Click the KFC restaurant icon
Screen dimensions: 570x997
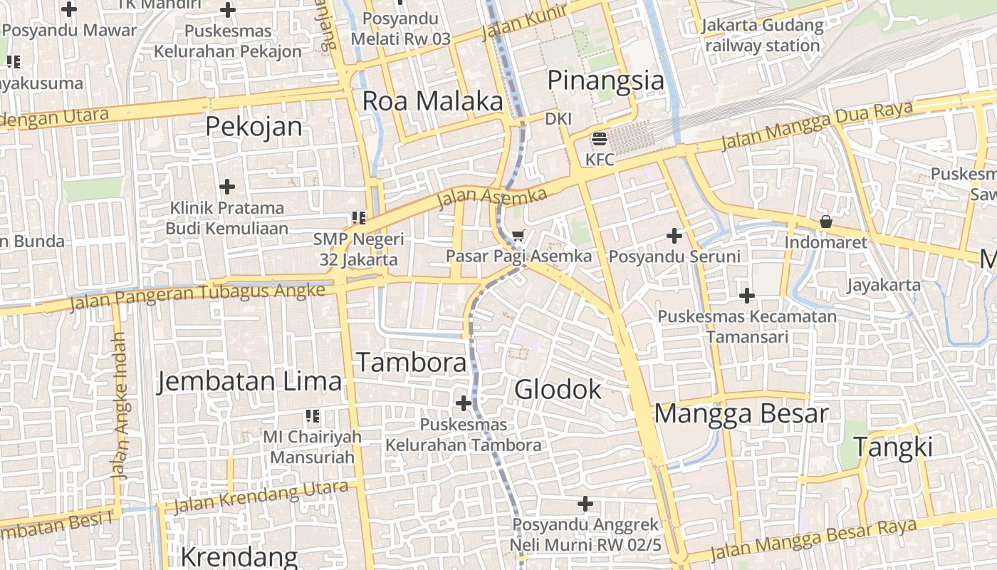coord(600,139)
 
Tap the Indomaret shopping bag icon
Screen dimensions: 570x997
coord(826,222)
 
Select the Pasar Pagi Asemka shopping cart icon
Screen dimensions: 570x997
coord(518,234)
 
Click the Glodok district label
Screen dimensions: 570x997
coord(558,390)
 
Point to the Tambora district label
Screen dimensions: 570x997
coord(412,363)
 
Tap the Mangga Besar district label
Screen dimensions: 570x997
coord(741,414)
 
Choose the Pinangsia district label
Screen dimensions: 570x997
coord(605,81)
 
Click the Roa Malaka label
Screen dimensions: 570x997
coord(433,101)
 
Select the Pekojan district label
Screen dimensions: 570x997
coord(254,127)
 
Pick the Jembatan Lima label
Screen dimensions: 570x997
coord(250,381)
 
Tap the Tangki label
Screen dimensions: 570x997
coord(892,447)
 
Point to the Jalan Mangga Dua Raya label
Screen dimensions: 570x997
coord(817,127)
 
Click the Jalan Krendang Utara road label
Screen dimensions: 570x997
coord(261,497)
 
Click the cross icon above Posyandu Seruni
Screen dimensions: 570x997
coord(674,235)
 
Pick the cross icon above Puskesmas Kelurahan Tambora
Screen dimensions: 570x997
coord(464,403)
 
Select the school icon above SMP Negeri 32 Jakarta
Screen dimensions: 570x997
coord(358,217)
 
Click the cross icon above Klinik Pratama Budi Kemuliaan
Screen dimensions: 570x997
coord(227,187)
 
